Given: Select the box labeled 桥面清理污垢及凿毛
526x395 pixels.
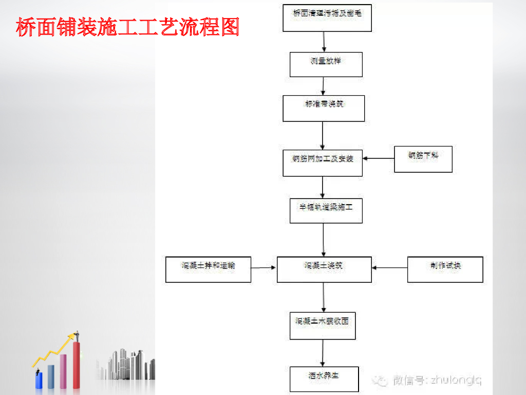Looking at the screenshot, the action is coord(327,17).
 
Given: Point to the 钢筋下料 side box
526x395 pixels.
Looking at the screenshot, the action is coord(423,159).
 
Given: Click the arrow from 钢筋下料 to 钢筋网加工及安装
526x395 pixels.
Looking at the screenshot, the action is coord(378,158).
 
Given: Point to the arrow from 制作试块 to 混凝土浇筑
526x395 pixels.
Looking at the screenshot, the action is coord(389,267).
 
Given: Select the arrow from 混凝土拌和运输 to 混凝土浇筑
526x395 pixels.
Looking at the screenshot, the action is coord(264,267).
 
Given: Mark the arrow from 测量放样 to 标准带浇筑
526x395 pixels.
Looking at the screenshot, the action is coord(323,86).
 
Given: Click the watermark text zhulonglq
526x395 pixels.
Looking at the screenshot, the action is coord(456,381).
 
